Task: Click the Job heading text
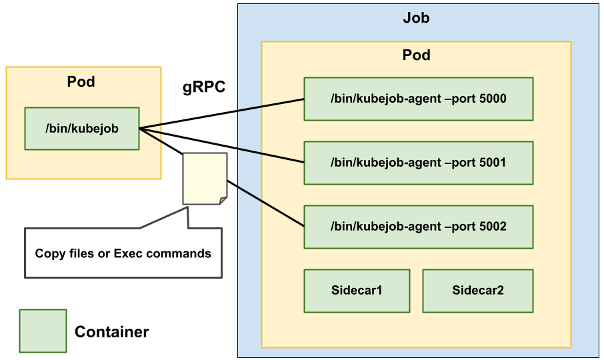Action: (416, 18)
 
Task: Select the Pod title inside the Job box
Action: (416, 55)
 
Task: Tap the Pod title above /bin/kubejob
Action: (81, 82)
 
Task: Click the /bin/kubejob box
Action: (82, 128)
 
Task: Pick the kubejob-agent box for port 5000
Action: (418, 99)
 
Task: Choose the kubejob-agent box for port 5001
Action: (418, 163)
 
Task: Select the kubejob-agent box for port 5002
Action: (418, 227)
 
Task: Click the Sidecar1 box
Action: (357, 291)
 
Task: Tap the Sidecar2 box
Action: (477, 291)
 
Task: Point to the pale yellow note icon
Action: (205, 178)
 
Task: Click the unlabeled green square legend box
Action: (43, 331)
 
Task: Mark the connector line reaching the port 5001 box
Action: (271, 155)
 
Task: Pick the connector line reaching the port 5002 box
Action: (271, 207)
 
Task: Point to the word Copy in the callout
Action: (49, 253)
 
